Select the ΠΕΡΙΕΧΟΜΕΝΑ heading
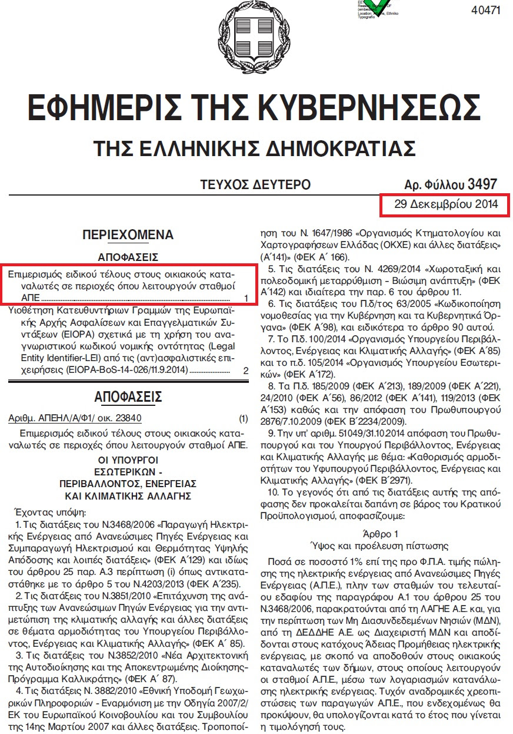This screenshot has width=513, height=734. [128, 235]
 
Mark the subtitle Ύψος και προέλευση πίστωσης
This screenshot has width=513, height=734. [379, 544]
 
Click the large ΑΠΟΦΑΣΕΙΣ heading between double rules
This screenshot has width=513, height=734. [128, 396]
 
